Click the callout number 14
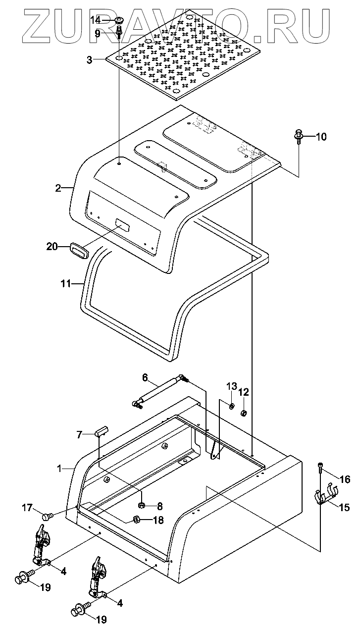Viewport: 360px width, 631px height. click(x=96, y=20)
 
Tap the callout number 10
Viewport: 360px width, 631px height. click(x=320, y=137)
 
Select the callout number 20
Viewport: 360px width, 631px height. click(x=52, y=247)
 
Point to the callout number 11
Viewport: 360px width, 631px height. click(x=66, y=283)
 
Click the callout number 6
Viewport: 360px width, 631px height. click(x=145, y=377)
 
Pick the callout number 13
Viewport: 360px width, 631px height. click(x=232, y=386)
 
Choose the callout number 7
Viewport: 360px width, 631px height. click(x=79, y=435)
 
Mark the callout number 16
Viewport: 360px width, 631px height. click(x=345, y=479)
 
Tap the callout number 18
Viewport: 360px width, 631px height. click(x=158, y=520)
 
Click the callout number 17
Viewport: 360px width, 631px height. click(x=28, y=507)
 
